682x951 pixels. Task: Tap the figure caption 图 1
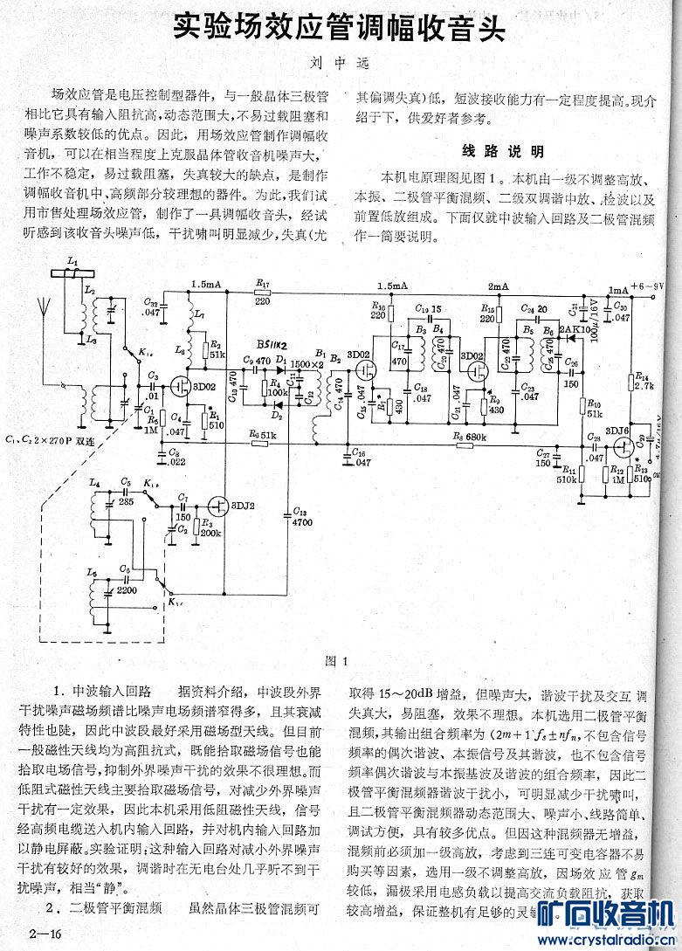pyautogui.click(x=336, y=661)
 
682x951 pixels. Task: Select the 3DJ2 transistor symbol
pyautogui.click(x=217, y=505)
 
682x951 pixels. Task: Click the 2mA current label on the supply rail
pyautogui.click(x=498, y=286)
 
